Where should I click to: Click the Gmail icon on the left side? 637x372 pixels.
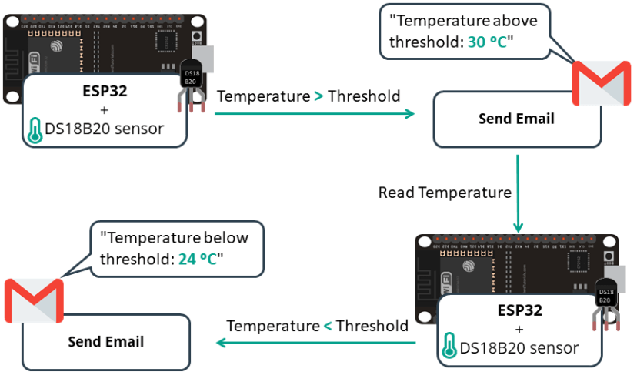[x=34, y=301]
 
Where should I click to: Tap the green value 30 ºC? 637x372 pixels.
[x=488, y=42]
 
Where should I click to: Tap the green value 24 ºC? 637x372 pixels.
[x=199, y=259]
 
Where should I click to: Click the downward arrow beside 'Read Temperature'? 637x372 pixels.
[x=518, y=193]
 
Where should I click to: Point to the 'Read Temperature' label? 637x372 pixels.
[x=444, y=193]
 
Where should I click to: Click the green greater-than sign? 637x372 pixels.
[x=318, y=96]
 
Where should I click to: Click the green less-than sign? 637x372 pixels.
[x=327, y=326]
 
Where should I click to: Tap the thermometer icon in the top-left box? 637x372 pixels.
[x=34, y=130]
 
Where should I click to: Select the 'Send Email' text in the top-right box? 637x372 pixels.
[x=516, y=119]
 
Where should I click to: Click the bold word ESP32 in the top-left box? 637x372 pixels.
[x=105, y=91]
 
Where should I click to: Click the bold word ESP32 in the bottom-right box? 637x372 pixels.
[x=519, y=311]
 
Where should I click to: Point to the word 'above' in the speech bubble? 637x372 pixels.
[x=514, y=21]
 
